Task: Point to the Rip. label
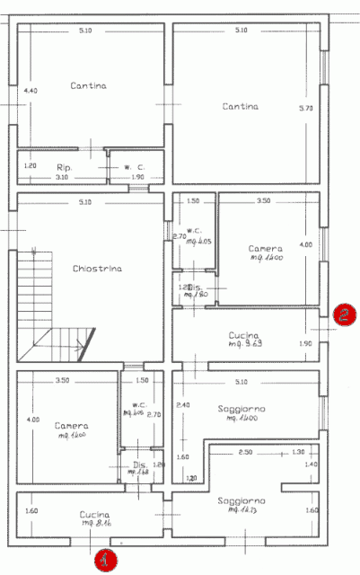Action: coord(64,167)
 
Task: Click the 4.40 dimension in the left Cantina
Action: coord(30,91)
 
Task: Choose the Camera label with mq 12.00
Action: coord(70,425)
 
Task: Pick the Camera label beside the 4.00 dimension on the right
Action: coord(266,248)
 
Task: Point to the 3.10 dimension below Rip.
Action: coord(61,178)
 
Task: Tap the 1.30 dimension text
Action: coord(298,452)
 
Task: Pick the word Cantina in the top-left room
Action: coord(88,85)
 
